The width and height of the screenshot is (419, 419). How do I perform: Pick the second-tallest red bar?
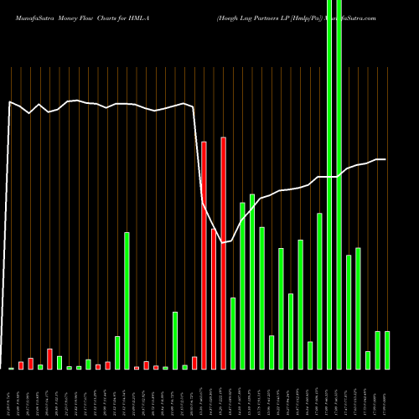pos(204,256)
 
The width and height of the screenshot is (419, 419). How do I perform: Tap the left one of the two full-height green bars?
pos(329,184)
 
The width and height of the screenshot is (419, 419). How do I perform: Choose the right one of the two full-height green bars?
pos(339,184)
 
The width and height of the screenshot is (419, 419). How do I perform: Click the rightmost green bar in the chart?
pos(387,350)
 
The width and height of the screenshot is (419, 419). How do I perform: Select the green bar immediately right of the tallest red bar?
pos(233,334)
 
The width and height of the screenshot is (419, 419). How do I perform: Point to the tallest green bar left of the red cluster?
pos(127,301)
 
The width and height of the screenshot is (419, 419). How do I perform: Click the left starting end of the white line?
pos(10,102)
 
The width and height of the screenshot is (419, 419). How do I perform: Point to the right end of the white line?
pos(385,159)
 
